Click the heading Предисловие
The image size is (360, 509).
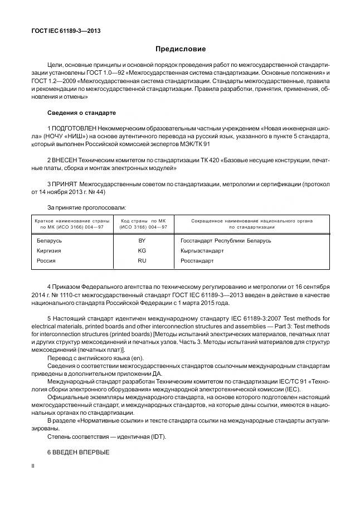[180, 50]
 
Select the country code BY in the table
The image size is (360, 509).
[142, 240]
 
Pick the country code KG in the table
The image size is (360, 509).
[142, 250]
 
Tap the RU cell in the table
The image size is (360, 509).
[142, 260]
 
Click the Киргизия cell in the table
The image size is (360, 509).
[48, 250]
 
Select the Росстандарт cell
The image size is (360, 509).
[198, 260]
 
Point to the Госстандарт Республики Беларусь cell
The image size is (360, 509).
[226, 240]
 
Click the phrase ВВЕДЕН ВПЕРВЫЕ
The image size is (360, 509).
[77, 452]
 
